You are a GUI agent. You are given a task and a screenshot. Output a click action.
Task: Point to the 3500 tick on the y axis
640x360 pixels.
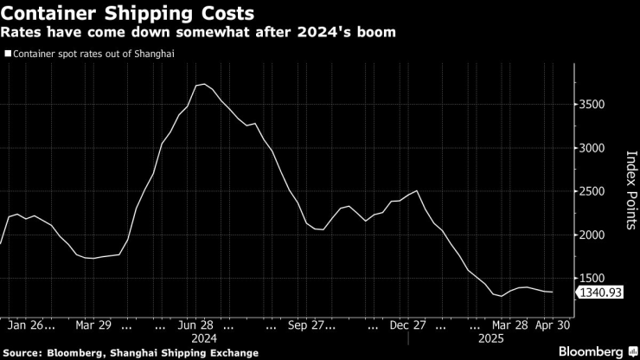coord(595,105)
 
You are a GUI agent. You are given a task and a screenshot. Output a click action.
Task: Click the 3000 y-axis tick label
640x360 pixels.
coord(595,148)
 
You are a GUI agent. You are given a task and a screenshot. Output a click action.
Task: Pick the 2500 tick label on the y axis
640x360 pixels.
coord(595,191)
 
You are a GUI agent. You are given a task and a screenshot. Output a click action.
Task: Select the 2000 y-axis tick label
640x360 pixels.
coord(595,235)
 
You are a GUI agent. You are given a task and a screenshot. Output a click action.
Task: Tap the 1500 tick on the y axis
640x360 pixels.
coord(595,278)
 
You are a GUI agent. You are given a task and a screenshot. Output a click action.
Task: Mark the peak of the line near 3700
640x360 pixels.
coord(203,84)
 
